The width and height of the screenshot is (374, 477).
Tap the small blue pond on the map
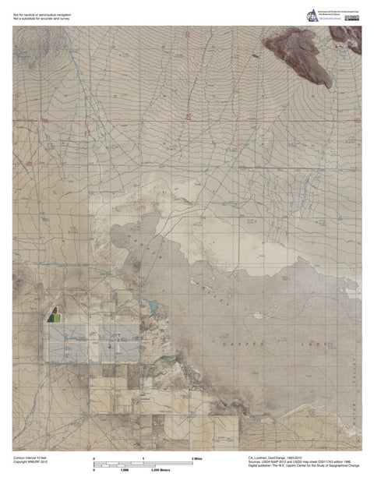153,306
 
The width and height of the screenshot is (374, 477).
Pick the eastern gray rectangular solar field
119,344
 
